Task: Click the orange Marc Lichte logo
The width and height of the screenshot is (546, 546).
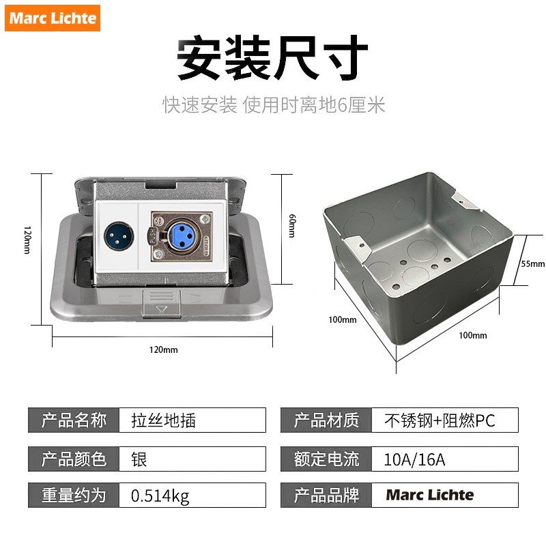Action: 53,18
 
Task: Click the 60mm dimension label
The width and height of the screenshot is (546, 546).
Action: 291,226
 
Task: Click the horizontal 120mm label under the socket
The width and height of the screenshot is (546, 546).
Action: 163,349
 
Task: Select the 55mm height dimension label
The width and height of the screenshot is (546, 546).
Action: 533,263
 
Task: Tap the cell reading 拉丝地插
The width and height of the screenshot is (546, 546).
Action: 192,420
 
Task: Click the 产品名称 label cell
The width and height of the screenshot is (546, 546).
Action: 74,420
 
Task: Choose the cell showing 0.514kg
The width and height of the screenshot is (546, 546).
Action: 192,495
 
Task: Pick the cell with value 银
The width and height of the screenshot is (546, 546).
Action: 192,459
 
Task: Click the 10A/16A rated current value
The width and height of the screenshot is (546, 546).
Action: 444,459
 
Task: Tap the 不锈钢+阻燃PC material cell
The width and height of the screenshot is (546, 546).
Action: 444,420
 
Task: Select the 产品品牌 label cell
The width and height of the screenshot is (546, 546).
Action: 326,495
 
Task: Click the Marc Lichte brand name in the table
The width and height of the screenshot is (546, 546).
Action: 430,495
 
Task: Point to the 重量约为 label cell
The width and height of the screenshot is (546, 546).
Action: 74,495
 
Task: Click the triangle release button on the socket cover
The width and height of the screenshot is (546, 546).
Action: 162,309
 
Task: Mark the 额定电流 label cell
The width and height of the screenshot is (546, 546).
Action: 326,459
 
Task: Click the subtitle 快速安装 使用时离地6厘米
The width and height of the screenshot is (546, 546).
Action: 274,105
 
